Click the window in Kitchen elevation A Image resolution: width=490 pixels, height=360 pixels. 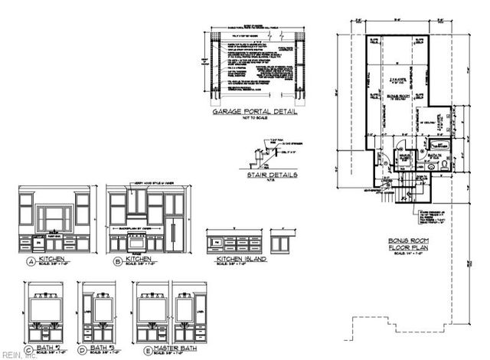click(54, 215)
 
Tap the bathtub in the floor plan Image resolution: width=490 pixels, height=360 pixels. click(440, 145)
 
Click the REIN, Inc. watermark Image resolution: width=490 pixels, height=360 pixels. click(15, 354)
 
